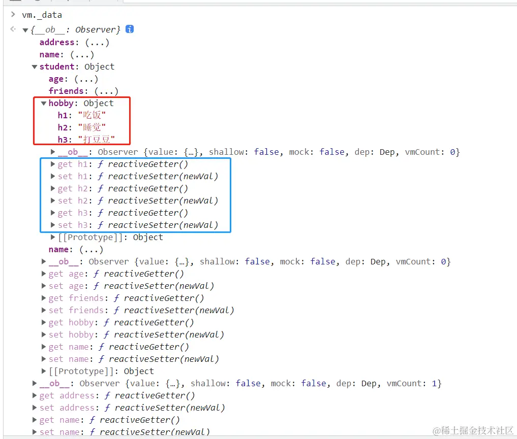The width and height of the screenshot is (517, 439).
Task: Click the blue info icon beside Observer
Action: pyautogui.click(x=130, y=29)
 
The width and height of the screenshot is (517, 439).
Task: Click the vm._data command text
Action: pyautogui.click(x=42, y=15)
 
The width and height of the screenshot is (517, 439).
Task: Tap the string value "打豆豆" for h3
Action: pyautogui.click(x=96, y=140)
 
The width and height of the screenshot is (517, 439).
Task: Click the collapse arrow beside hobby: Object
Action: pyautogui.click(x=44, y=103)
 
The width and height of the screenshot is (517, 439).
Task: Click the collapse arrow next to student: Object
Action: pyautogui.click(x=35, y=66)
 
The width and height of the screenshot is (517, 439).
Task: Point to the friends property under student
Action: pyautogui.click(x=66, y=91)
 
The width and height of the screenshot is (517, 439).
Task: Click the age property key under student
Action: pyautogui.click(x=56, y=79)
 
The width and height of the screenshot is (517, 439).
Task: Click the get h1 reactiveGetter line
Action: pyautogui.click(x=123, y=164)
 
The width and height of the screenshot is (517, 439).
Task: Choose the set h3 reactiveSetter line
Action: pyautogui.click(x=138, y=225)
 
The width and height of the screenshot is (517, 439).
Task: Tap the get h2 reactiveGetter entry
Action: pyautogui.click(x=123, y=188)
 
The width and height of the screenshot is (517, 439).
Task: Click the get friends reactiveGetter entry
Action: pyautogui.click(x=126, y=298)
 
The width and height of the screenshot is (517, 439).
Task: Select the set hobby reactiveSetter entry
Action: pyautogui.click(x=136, y=334)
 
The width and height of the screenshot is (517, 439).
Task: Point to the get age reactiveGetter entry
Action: pyautogui.click(x=116, y=274)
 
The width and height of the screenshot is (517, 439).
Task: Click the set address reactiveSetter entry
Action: pyautogui.click(x=132, y=408)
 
